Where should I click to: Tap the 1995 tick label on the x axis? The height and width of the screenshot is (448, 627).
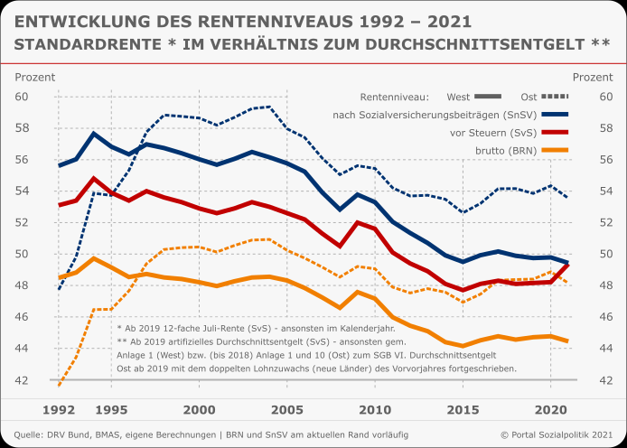[x=112, y=407]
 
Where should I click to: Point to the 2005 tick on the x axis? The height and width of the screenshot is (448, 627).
[x=286, y=407]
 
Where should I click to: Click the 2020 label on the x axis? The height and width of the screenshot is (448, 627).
[x=550, y=407]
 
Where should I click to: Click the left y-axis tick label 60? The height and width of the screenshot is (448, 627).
[x=22, y=97]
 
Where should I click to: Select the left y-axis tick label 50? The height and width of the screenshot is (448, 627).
[x=22, y=254]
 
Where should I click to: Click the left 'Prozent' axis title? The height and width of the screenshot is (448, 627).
[x=34, y=77]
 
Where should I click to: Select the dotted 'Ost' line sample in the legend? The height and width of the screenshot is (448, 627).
[x=561, y=97]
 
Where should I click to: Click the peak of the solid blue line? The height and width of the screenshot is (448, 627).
[x=94, y=134]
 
